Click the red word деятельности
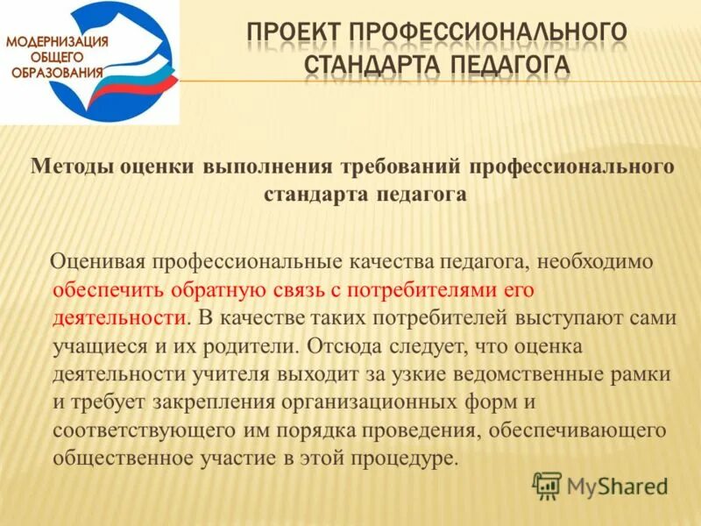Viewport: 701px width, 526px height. [x=119, y=317]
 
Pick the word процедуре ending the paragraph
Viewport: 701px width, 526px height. [x=412, y=458]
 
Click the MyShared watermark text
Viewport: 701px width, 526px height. [x=617, y=485]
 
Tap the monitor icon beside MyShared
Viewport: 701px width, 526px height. [x=548, y=485]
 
